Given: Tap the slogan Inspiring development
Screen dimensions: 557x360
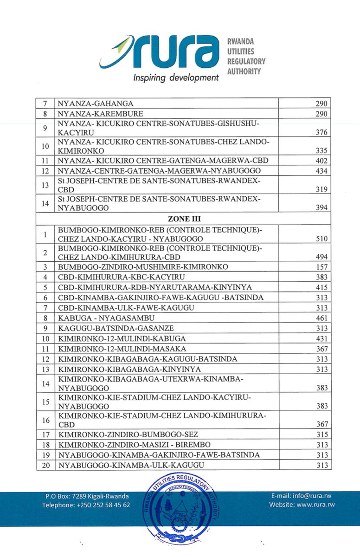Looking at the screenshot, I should click(175, 77).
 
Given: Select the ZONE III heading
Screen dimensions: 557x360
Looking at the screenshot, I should click(184, 219).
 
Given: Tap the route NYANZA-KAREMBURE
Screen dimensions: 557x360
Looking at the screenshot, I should click(94, 114).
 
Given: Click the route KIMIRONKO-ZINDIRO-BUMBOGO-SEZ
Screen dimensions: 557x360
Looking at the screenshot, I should click(128, 435).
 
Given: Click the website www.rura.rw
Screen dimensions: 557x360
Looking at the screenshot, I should click(302, 505).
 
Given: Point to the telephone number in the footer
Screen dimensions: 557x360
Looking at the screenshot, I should click(86, 505).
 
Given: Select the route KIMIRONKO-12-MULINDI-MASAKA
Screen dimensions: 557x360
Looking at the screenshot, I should click(122, 349).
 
